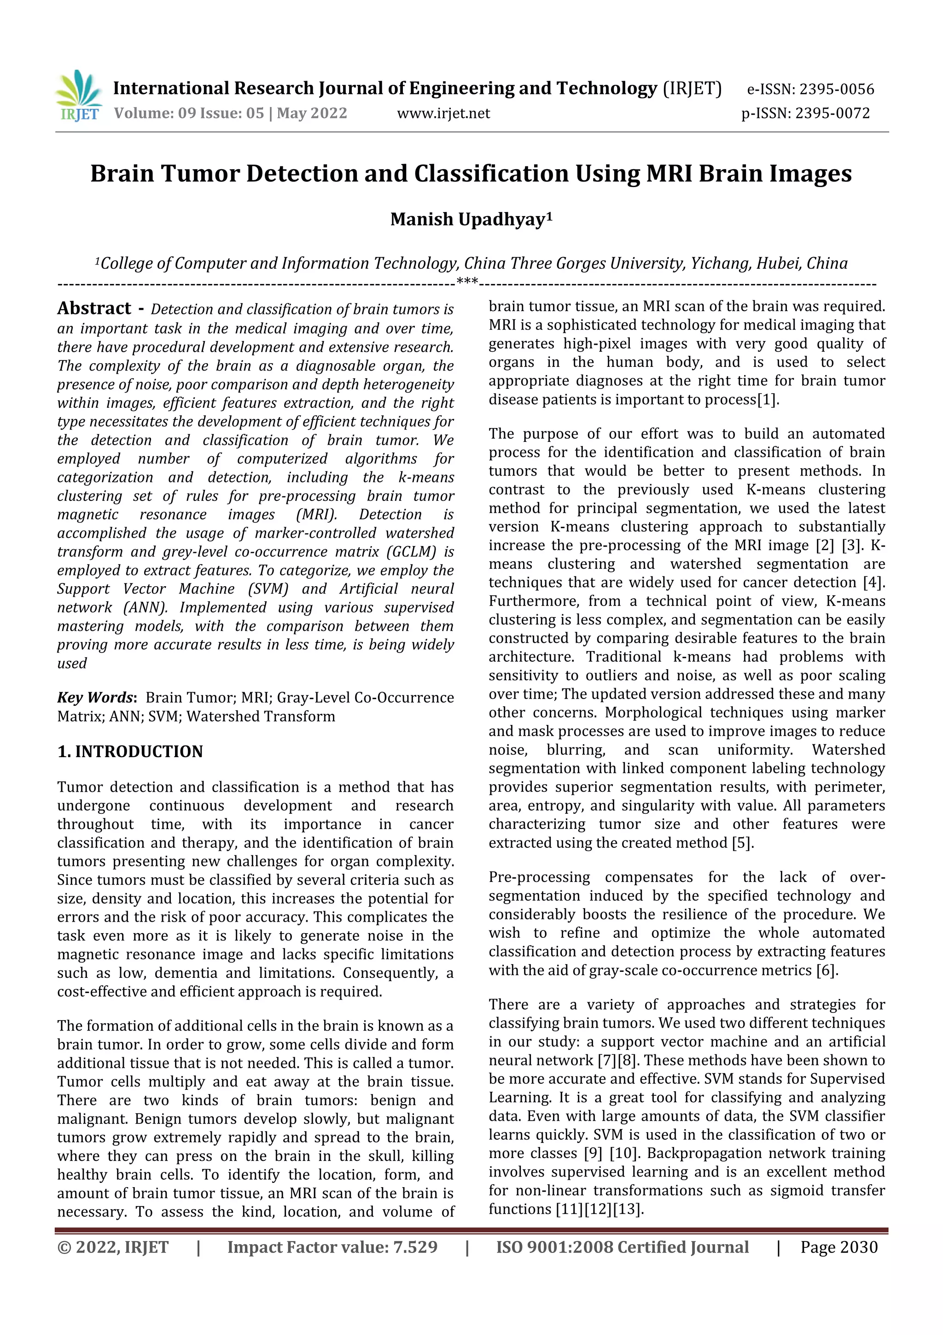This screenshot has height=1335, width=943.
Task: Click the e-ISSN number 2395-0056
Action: click(x=837, y=89)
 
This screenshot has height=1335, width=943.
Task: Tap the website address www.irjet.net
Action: click(x=443, y=113)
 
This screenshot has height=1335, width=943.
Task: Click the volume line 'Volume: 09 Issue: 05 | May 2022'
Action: click(x=230, y=113)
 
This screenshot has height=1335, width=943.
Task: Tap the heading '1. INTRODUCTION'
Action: click(x=130, y=751)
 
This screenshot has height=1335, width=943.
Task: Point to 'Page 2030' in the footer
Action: click(x=838, y=1247)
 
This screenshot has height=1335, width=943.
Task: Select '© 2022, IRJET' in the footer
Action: click(x=113, y=1247)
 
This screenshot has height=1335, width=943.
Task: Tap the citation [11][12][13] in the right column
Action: click(x=599, y=1209)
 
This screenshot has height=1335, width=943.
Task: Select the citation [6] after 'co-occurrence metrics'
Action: click(x=826, y=970)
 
